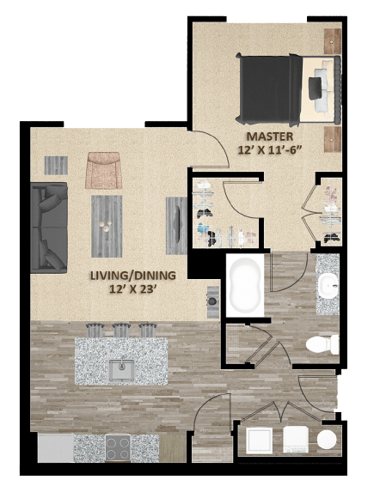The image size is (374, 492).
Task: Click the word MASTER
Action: (270, 137)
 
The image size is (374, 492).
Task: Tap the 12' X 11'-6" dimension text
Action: (270, 150)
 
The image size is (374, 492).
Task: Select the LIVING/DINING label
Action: (133, 275)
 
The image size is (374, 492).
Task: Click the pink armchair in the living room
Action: (104, 170)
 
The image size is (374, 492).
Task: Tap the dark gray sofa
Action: (48, 224)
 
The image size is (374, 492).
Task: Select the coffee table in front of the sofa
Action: (107, 222)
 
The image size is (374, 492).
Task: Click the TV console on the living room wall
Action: (177, 221)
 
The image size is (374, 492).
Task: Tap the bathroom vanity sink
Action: (328, 284)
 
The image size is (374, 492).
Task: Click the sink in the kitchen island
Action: (120, 370)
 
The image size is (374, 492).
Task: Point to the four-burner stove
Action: (118, 446)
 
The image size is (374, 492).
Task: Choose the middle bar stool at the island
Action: (121, 330)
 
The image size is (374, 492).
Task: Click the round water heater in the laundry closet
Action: (327, 440)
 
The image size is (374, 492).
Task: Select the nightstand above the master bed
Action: (332, 39)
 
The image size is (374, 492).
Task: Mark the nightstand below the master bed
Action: (332, 139)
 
